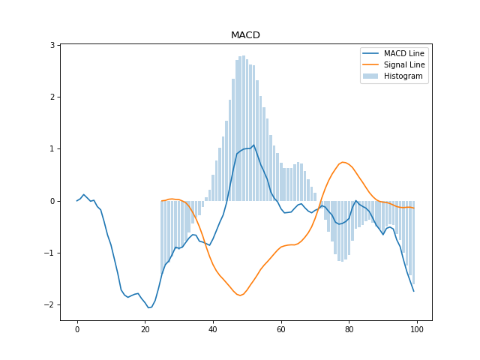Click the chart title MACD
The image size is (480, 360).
[x=245, y=35]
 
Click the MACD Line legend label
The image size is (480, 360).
[x=404, y=52]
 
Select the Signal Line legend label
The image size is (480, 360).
[x=404, y=64]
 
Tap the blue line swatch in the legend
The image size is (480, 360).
[x=372, y=52]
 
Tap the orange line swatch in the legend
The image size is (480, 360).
[x=372, y=64]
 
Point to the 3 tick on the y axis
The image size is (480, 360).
[x=54, y=45]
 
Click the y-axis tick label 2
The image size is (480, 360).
[x=54, y=97]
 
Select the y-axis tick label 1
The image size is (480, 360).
[x=54, y=149]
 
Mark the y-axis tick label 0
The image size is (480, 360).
[x=54, y=201]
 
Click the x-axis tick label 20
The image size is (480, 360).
[x=145, y=330]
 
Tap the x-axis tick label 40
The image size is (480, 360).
[x=213, y=330]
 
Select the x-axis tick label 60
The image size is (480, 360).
[x=281, y=330]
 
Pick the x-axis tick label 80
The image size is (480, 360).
[x=349, y=330]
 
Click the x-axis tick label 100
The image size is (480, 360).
[x=417, y=330]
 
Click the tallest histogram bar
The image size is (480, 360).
[x=244, y=127]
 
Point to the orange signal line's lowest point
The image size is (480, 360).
[x=240, y=295]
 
